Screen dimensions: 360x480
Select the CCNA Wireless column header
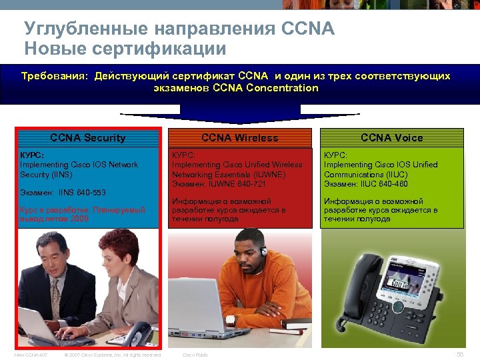[x=240, y=138]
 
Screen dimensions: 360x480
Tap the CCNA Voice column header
[x=392, y=138]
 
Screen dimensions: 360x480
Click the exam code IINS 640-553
[x=63, y=193]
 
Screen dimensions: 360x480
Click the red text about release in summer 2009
[x=83, y=214]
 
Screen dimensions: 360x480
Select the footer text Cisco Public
[x=195, y=355]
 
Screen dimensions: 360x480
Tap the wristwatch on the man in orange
[x=230, y=320]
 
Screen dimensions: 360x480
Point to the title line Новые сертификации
[x=125, y=48]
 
